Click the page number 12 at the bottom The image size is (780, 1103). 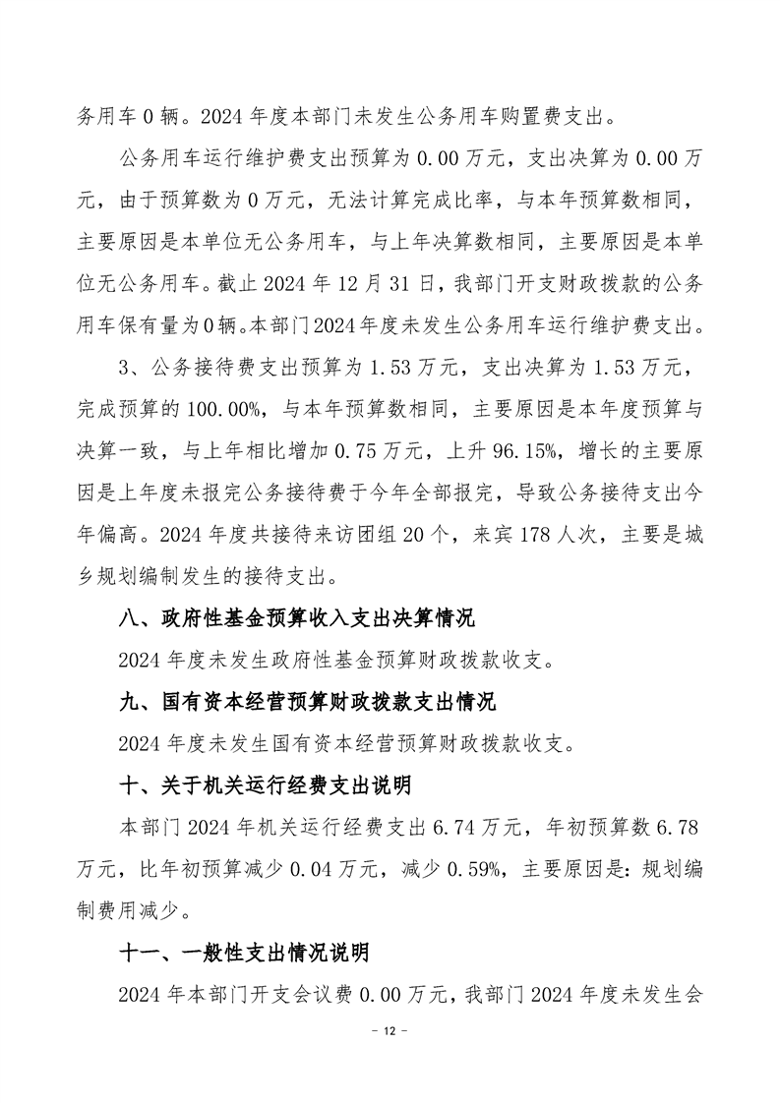coord(390,1059)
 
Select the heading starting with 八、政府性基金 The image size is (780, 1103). coord(294,619)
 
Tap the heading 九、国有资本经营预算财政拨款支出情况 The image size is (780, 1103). coord(305,703)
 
